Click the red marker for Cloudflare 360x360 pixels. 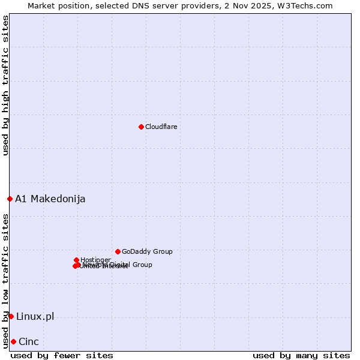click(141, 127)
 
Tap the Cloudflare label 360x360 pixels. click(161, 127)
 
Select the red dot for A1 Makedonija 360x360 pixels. click(10, 199)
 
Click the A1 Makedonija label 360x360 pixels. click(50, 199)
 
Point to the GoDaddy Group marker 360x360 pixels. click(118, 251)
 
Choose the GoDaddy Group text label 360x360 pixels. click(147, 251)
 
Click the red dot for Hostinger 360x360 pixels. click(76, 260)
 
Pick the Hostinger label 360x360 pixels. click(95, 260)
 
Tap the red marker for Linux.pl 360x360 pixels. click(11, 316)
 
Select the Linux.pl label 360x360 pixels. click(35, 316)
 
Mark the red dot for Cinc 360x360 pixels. click(13, 341)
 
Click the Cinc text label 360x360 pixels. click(29, 341)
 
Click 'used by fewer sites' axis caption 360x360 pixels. click(62, 355)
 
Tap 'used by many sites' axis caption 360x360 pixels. click(301, 355)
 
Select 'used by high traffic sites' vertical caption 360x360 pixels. click(5, 86)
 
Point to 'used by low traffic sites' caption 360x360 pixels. click(5, 280)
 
